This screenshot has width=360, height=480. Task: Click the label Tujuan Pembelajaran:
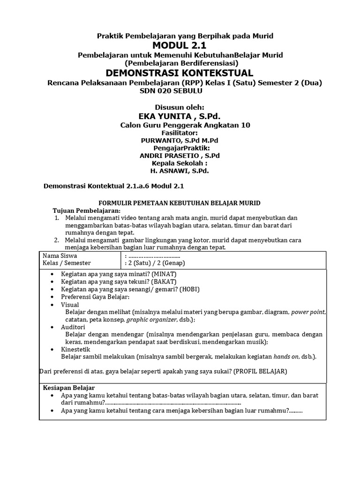80,210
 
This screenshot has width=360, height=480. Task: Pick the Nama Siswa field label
60,256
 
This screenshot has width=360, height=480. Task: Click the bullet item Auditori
73,327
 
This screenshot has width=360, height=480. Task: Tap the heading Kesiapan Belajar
69,388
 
